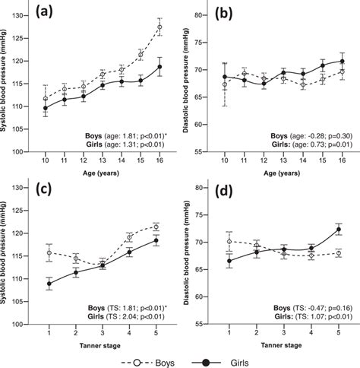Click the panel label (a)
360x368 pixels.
tap(39, 14)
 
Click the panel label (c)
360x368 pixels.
tap(39, 191)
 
